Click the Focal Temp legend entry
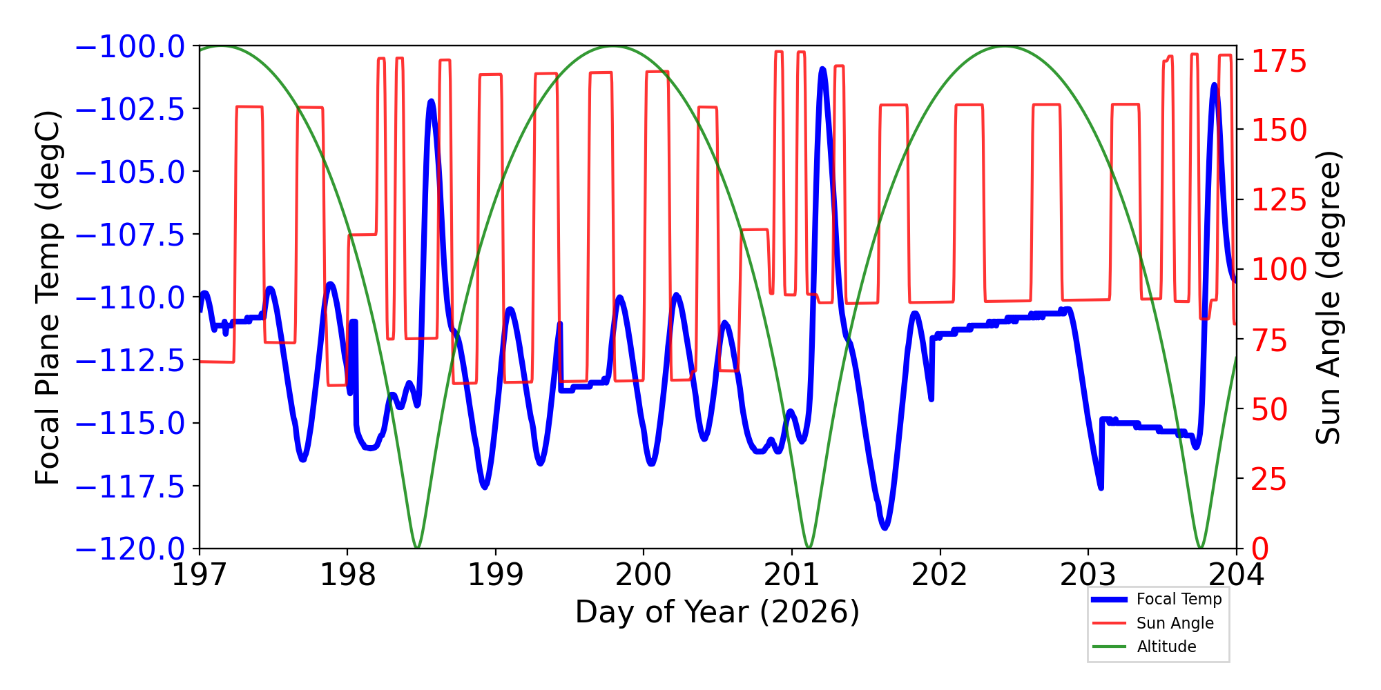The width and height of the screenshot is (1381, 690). point(1157,599)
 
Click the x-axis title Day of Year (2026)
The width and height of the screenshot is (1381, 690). point(717,612)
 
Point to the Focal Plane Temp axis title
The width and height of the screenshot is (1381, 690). point(48,297)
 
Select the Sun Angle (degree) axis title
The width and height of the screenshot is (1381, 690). point(1327,297)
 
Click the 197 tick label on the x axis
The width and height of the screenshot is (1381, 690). point(200,574)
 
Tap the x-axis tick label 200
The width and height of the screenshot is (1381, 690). point(644,574)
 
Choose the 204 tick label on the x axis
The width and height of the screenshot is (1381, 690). point(1236,574)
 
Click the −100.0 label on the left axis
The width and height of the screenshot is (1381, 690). point(130,47)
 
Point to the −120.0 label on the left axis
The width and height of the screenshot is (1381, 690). point(130,549)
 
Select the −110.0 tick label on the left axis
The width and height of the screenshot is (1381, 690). point(130,298)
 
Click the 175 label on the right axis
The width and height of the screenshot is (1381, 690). point(1279,61)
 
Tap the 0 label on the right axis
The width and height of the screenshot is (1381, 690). point(1260,549)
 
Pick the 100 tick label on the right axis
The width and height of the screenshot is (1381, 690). point(1279,270)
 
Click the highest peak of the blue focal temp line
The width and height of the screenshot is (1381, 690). point(822,69)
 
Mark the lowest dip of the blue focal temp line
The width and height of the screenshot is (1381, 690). point(885,527)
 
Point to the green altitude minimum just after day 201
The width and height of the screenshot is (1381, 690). point(809,547)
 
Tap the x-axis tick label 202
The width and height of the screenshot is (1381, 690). point(940,574)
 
